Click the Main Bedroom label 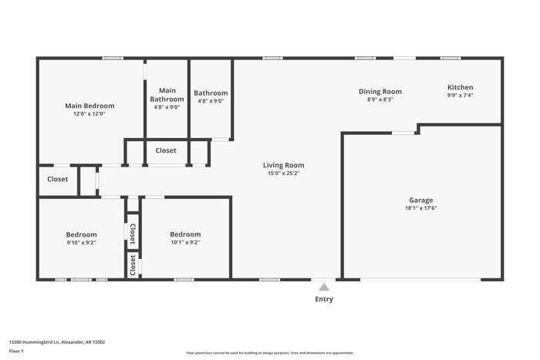coord(89,106)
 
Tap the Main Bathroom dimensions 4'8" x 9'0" coord(167,107)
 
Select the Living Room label coord(283,165)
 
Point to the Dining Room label coord(380,91)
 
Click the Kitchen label coord(460,87)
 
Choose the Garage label coord(421,200)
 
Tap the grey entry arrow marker coord(324,287)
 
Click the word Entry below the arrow coord(324,299)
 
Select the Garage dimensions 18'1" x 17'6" coord(421,208)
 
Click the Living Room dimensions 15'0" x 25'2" coord(283,173)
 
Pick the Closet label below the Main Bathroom coord(166,150)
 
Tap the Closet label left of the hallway coord(58,179)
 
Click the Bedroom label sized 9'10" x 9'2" coord(81,234)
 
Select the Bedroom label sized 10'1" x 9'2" coord(185,234)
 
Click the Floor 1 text coord(16,351)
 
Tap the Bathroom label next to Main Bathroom coord(210,93)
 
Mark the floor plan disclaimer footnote coord(269,353)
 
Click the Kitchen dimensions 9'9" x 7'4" coord(460,96)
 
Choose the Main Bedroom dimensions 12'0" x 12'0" coord(89,114)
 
